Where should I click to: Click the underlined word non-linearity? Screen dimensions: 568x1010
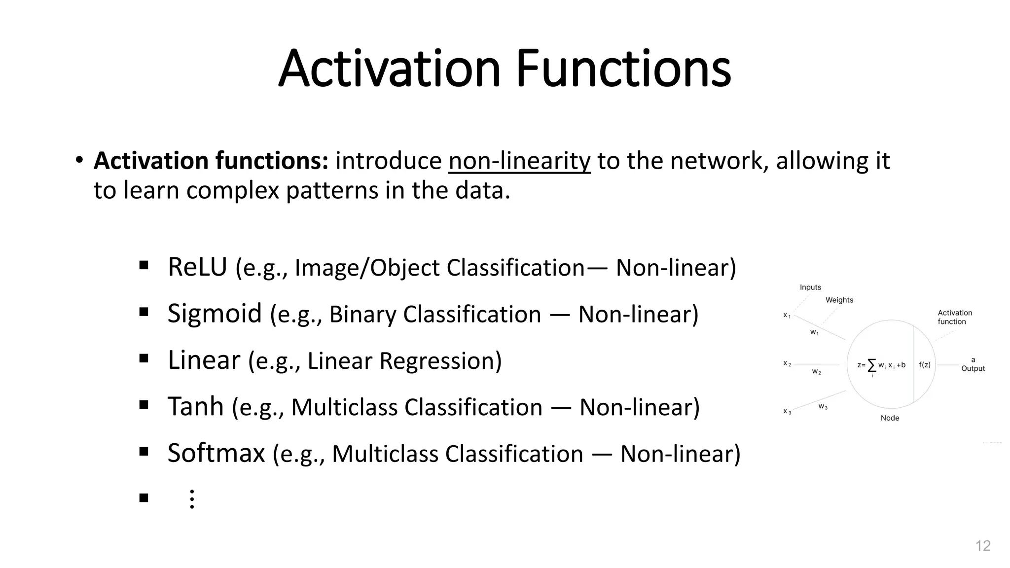(x=519, y=161)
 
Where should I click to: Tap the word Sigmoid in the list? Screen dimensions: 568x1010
(x=215, y=314)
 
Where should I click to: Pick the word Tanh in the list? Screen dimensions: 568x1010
(x=196, y=407)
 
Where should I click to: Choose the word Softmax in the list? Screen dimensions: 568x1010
(x=216, y=453)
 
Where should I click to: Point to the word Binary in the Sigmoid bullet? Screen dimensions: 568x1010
(x=362, y=314)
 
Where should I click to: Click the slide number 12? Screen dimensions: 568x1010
(x=983, y=546)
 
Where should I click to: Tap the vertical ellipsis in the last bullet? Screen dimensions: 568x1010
(x=192, y=499)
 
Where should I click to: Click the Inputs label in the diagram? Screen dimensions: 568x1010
(x=810, y=287)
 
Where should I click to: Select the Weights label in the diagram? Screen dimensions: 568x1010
(x=839, y=300)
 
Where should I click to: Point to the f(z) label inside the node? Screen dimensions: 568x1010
(x=925, y=365)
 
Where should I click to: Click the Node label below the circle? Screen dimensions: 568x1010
(x=890, y=418)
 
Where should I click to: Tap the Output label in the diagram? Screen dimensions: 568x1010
(x=973, y=368)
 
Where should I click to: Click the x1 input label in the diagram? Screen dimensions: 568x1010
(x=787, y=315)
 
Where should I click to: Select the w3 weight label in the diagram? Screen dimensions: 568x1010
(x=823, y=406)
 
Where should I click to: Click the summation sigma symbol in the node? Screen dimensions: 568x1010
(x=872, y=365)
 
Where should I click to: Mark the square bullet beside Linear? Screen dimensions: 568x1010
(x=144, y=358)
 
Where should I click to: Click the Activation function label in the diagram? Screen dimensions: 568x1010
(x=954, y=317)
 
